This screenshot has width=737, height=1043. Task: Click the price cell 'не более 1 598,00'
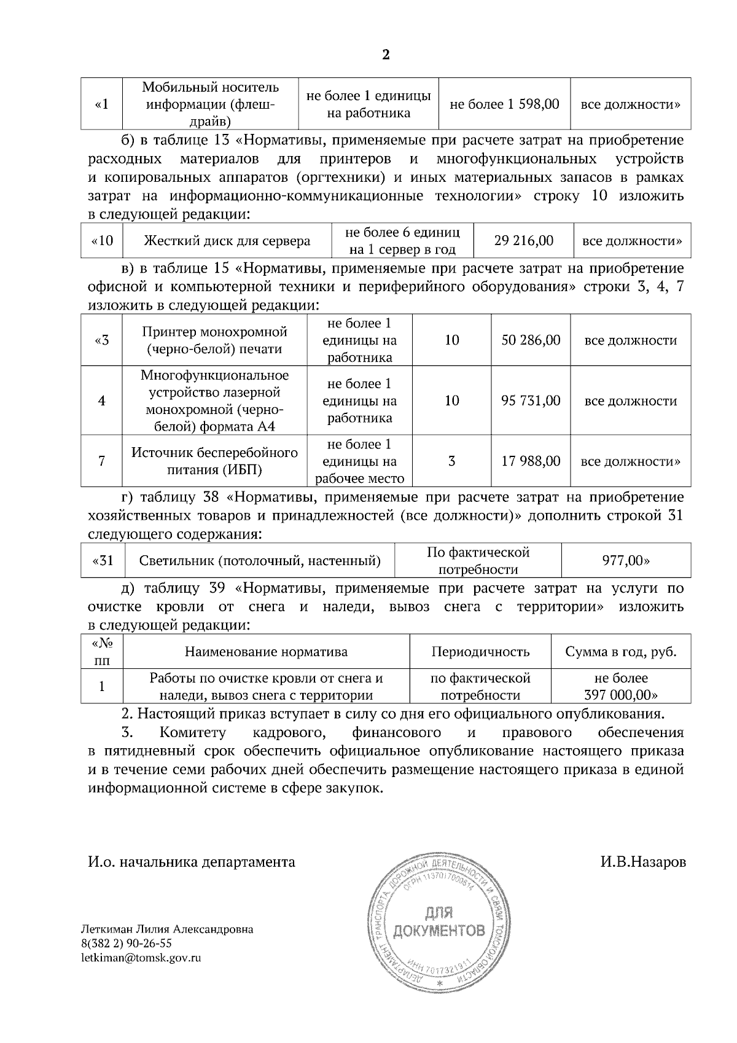pos(504,104)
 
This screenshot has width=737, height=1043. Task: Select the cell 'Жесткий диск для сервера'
pos(227,241)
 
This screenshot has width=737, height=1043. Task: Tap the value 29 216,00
pos(523,241)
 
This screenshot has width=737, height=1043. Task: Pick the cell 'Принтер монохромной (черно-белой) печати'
pos(214,341)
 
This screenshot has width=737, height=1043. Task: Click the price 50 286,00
pos(531,340)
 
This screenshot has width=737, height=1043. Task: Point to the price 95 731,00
pos(531,401)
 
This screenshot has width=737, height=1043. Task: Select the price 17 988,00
pos(531,461)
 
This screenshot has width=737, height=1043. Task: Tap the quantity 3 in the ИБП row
pos(451,461)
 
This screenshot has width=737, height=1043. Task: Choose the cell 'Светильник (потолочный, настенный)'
pos(260,561)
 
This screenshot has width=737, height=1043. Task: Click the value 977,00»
pos(625,561)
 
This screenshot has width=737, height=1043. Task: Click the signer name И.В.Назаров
pos(643,862)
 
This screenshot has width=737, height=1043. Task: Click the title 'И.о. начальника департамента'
pos(191,862)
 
